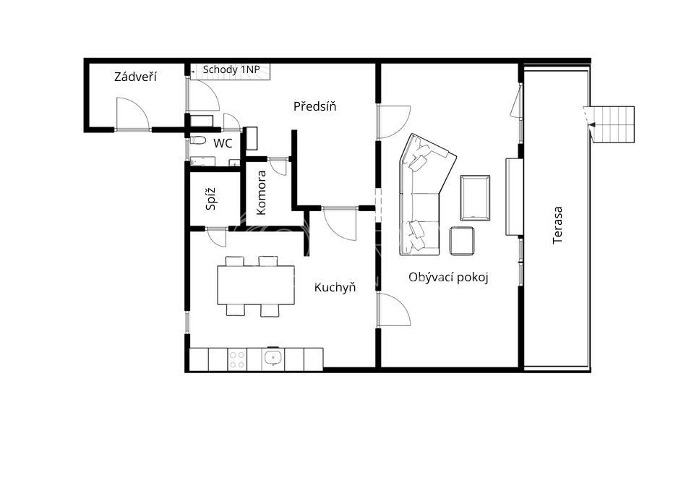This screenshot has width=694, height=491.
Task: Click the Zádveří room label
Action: coord(135,77)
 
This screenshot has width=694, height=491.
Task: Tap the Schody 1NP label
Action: coord(231,70)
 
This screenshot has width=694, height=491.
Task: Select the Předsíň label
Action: coord(314,106)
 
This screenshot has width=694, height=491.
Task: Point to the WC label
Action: coord(223,143)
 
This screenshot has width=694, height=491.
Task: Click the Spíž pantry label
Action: coord(211,199)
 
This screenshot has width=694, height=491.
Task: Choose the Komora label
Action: coord(261,192)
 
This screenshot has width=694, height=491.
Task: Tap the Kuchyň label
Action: coord(335,287)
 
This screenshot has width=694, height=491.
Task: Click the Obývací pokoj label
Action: coord(448,278)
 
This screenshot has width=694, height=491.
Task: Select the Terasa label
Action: coord(557,225)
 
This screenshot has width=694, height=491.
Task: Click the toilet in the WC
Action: coord(198,141)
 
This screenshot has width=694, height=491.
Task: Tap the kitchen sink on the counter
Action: coord(273,358)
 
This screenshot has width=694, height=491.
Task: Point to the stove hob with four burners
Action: coord(237,359)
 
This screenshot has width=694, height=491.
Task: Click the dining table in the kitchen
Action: coord(256,285)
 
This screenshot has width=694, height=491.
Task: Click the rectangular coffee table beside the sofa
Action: coord(475,198)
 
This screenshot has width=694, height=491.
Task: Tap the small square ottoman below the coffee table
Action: coord(462,241)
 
